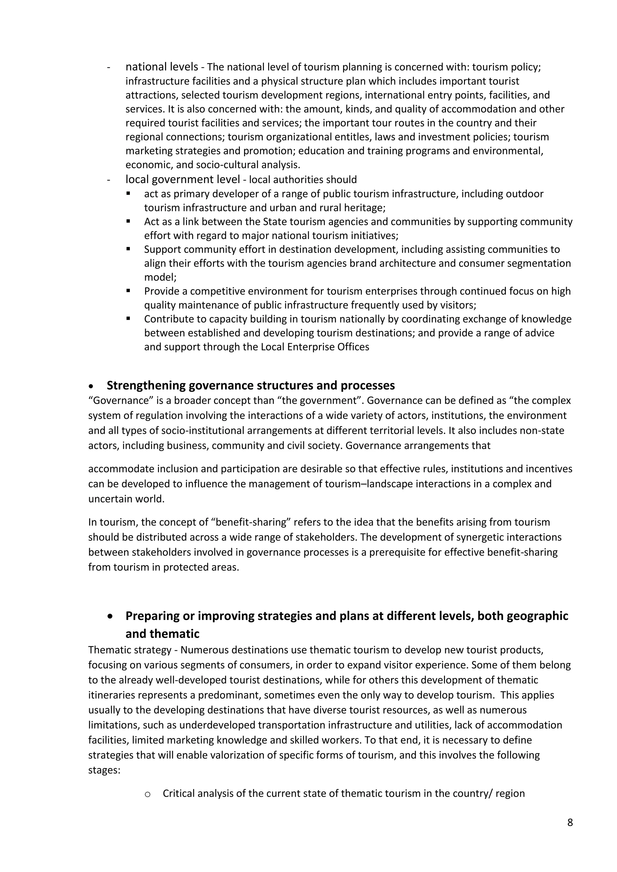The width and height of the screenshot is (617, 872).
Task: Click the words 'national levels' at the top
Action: [x=162, y=67]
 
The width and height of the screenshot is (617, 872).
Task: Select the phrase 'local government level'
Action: [x=183, y=179]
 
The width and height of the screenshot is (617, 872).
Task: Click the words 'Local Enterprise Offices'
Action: [x=315, y=347]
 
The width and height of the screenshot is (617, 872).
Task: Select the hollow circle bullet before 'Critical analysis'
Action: [x=148, y=794]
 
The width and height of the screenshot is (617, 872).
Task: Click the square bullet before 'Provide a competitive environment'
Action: [x=128, y=291]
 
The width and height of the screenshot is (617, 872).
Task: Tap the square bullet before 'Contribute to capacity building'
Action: [x=128, y=319]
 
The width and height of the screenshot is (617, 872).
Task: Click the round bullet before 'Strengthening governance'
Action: [x=91, y=386]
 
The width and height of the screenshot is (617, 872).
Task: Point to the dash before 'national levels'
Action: [x=109, y=67]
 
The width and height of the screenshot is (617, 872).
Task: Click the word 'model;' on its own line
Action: [x=160, y=277]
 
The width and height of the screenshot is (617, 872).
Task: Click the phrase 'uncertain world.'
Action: [x=126, y=499]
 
